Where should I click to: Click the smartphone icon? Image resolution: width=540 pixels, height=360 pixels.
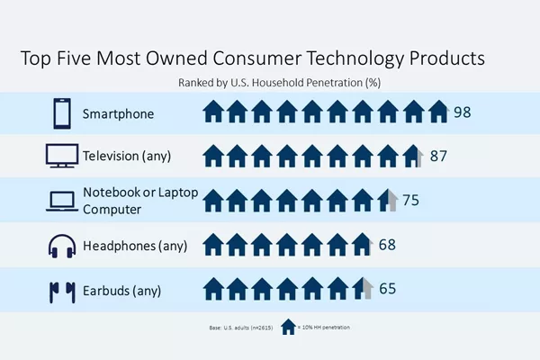click(62, 113)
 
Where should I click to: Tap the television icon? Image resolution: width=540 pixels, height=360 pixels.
click(62, 156)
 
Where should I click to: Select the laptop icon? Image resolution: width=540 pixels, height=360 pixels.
click(62, 201)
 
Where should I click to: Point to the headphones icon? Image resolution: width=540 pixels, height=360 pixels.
click(62, 246)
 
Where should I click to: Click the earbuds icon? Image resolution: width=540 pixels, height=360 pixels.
click(62, 292)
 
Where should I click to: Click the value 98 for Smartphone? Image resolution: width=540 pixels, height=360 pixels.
click(463, 112)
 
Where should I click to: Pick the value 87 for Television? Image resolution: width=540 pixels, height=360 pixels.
click(438, 156)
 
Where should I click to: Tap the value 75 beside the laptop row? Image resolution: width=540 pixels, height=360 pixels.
click(411, 200)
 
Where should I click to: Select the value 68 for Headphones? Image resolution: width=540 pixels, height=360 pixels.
click(387, 245)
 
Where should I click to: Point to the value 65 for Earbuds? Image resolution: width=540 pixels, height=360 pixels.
click(387, 289)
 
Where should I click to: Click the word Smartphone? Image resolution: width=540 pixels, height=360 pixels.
click(118, 114)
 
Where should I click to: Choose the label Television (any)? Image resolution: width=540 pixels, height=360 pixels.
click(127, 156)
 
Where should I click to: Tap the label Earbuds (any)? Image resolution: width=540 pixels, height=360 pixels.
click(121, 291)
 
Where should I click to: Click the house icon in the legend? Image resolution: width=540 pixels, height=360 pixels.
click(288, 327)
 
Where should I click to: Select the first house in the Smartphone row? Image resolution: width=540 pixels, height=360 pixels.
click(213, 112)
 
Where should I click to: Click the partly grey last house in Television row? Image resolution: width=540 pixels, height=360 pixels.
click(413, 156)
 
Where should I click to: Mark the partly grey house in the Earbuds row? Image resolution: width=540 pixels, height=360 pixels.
click(363, 288)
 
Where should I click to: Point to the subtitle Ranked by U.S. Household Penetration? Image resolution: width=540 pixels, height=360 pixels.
click(279, 83)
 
